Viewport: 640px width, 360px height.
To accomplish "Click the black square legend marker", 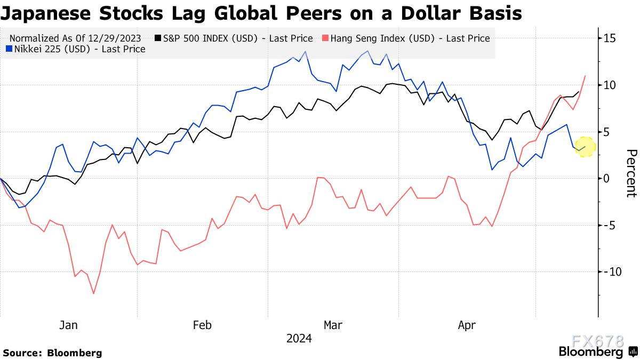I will pos(158,38).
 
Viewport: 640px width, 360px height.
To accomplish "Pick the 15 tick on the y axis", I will pos(610,38).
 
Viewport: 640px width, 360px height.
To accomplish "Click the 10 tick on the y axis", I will pos(610,85).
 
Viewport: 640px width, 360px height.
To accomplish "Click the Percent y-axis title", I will pos(631,173).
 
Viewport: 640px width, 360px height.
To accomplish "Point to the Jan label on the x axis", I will pos(69,325).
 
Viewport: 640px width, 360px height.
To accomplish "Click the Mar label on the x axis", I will pos(333,325).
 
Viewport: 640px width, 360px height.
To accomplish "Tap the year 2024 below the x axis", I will pos(299,338).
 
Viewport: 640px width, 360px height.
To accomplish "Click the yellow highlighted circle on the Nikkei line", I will pos(585,147).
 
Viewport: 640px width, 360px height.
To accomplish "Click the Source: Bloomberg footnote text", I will pos(53,353).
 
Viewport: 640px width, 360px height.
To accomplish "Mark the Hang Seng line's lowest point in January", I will pos(94,293).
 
